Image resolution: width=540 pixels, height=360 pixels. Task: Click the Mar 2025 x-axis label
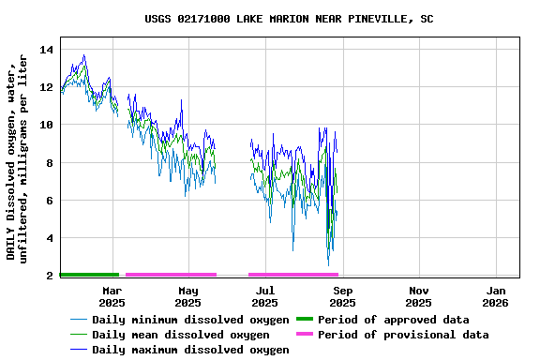tap(112, 296)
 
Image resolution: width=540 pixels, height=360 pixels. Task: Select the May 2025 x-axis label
tap(188, 296)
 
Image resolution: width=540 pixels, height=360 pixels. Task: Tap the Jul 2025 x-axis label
tap(265, 296)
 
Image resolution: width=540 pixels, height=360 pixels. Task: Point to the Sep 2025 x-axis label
tap(342, 296)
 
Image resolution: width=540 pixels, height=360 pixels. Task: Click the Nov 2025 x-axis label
tap(419, 296)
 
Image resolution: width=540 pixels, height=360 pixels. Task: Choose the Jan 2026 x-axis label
tap(495, 296)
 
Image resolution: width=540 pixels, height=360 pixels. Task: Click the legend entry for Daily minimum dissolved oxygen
tap(190, 320)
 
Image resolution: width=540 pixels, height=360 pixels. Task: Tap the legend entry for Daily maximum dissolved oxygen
tap(190, 350)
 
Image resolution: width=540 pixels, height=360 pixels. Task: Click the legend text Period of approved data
tap(393, 320)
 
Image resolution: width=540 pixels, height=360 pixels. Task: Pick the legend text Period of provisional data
tap(403, 335)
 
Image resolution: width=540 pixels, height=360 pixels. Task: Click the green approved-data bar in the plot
tap(89, 275)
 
